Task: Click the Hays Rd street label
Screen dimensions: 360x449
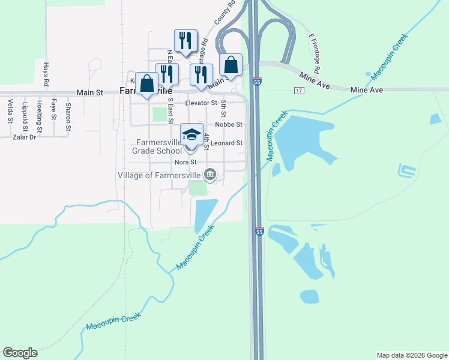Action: coord(46,74)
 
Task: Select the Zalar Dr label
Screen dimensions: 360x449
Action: coord(25,137)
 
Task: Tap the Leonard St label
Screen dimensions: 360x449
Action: coord(226,143)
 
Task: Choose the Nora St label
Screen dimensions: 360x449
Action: coord(185,163)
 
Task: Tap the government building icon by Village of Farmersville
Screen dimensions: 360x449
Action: coord(210,175)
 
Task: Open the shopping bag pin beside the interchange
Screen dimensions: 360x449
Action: coord(231,65)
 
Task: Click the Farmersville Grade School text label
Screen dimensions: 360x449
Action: coord(157,147)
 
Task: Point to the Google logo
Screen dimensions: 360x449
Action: coord(20,353)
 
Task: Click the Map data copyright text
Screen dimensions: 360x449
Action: coord(412,355)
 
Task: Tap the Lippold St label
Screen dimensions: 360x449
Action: coord(25,114)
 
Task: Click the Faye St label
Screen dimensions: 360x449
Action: coord(54,109)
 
